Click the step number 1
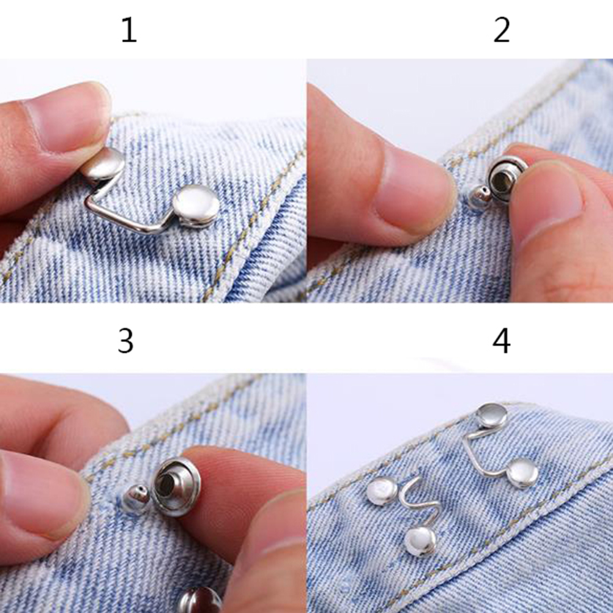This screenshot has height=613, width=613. (x=129, y=30)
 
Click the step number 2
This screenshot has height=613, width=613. (x=502, y=30)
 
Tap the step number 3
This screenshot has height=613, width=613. (x=125, y=341)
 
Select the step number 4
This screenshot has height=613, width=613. (x=502, y=341)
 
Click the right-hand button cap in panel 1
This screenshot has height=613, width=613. (x=196, y=206)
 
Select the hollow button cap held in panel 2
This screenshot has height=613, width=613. (x=506, y=178)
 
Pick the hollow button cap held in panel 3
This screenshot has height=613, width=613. (x=176, y=486)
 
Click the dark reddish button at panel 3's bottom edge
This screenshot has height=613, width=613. (x=200, y=600)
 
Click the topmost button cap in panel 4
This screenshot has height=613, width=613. (x=492, y=415)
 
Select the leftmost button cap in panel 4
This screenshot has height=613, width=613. (x=382, y=491)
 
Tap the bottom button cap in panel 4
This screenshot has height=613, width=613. (x=421, y=541)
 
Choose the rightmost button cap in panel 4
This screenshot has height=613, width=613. (x=522, y=473)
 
